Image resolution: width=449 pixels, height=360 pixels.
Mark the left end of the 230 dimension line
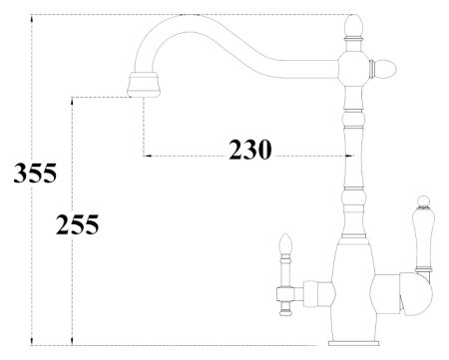click(146, 157)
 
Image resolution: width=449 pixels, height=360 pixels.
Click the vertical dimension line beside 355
click(33, 100)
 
